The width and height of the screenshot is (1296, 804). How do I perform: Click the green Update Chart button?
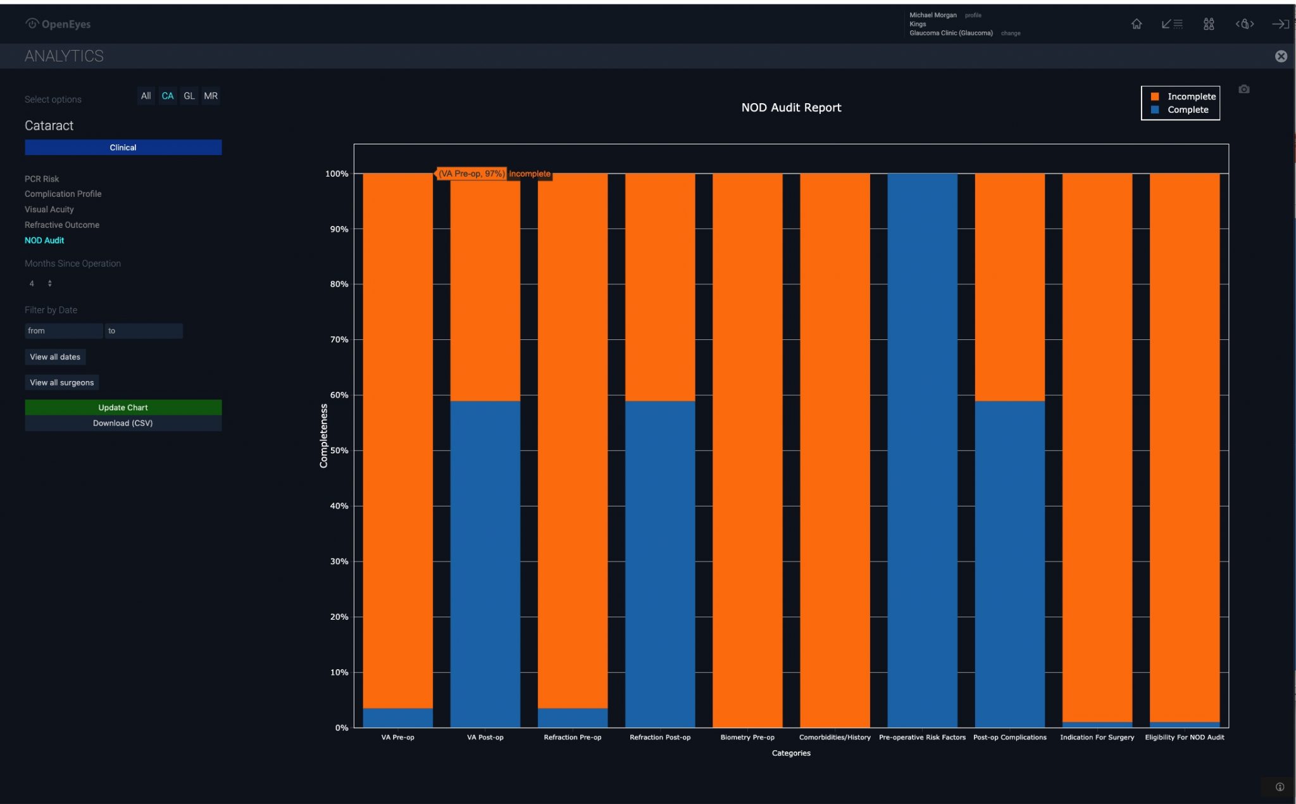coord(123,407)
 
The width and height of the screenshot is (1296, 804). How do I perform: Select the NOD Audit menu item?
coord(44,241)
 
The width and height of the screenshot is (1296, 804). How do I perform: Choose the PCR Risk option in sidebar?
coord(42,179)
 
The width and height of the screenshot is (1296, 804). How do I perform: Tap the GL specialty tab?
coord(189,96)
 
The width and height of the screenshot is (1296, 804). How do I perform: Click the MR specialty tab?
coord(211,96)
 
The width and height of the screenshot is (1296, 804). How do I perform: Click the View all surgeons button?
coord(61,382)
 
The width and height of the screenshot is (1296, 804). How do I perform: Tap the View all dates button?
coord(55,357)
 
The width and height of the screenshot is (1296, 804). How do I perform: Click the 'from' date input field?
coord(63,330)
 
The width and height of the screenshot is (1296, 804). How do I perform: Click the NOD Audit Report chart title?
coord(791,108)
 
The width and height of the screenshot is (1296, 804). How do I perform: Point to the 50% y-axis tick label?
coord(339,451)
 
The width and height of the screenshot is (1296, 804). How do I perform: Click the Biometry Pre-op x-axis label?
coord(747,738)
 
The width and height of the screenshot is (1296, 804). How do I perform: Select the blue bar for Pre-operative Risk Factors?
coord(922,449)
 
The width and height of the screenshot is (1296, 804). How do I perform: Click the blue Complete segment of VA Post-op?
coord(485,563)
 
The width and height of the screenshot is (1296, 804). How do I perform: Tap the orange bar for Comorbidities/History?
coord(835,449)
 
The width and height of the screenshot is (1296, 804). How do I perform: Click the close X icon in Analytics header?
coord(1281,56)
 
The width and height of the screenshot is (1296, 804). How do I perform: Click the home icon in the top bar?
coord(1137,24)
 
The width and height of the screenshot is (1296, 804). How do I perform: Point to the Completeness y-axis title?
coord(324,436)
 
